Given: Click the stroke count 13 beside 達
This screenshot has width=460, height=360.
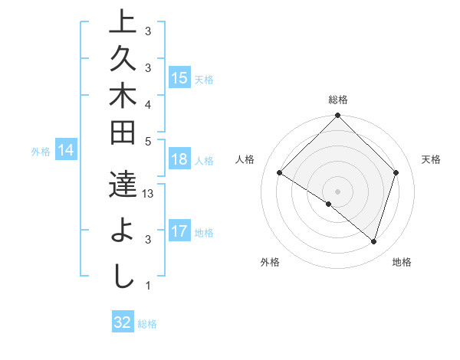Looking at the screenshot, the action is click(149, 195).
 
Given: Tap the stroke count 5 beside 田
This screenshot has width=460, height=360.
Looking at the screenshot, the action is click(148, 142).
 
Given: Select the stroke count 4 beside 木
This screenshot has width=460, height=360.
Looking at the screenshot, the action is click(148, 104).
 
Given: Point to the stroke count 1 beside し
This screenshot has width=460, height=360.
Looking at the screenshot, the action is click(148, 286).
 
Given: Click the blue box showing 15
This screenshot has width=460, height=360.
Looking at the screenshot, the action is click(179, 78).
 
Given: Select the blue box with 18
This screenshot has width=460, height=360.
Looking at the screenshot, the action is click(179, 160).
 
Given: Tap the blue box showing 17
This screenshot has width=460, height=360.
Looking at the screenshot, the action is click(179, 231).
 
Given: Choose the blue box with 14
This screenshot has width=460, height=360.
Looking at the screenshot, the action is click(67, 151).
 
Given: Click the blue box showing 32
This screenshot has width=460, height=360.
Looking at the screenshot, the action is click(123, 322).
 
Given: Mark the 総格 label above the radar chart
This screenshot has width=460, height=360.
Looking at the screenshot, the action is click(338, 100).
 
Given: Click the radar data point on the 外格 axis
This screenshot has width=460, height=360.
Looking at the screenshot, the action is click(328, 204).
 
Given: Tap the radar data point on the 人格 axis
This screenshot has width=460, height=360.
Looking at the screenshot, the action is click(280, 173).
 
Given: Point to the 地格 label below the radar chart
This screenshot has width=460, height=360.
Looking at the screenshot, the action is click(402, 263).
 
